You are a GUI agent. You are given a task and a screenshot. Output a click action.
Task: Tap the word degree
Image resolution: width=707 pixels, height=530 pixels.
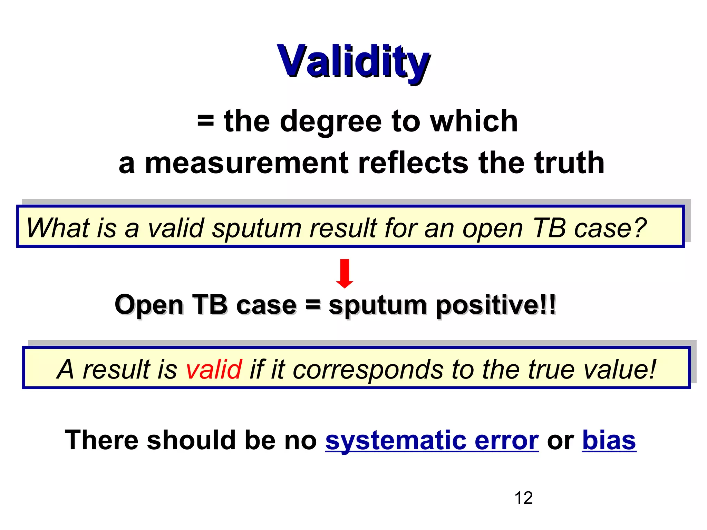(x=330, y=121)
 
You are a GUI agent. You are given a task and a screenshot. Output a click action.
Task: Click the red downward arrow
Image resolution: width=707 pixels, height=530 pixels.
(x=345, y=273)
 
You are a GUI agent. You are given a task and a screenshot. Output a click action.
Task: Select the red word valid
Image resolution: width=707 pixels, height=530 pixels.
(x=214, y=369)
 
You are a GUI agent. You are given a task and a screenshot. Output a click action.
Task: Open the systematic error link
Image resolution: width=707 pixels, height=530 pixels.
(x=432, y=441)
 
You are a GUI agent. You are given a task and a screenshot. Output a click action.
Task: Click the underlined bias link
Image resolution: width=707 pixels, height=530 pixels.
(x=609, y=441)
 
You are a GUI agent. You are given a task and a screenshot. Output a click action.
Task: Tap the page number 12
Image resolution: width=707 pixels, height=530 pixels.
(x=523, y=498)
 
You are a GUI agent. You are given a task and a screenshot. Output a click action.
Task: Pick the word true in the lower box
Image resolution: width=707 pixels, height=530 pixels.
(x=551, y=369)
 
